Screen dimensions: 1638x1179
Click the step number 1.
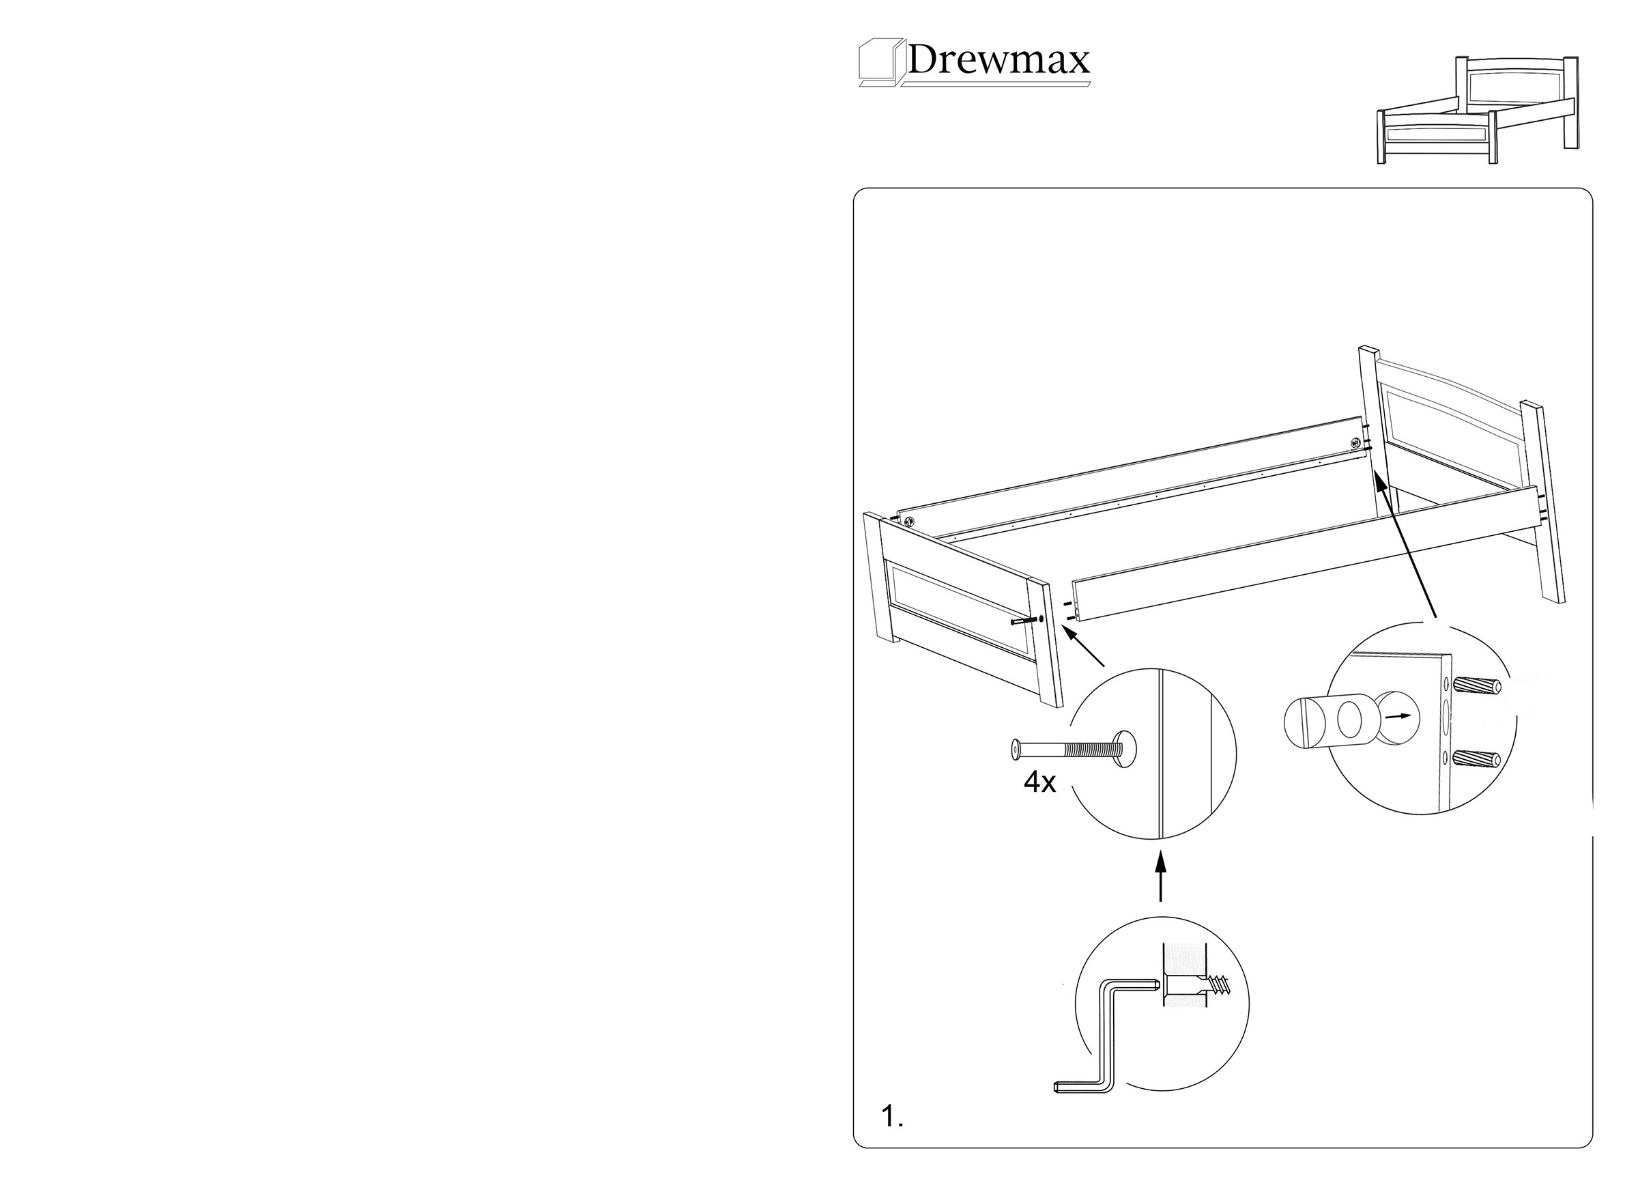pyautogui.click(x=893, y=1117)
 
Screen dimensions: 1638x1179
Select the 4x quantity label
pyautogui.click(x=1040, y=782)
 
